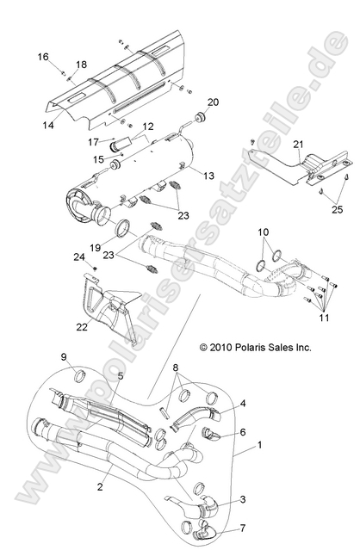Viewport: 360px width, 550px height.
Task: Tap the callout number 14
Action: [48, 126]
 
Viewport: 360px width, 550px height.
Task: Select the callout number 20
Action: [213, 102]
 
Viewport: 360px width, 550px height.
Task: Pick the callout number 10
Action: [264, 232]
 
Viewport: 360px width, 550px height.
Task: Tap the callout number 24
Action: [78, 256]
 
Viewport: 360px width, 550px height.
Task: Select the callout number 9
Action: [88, 356]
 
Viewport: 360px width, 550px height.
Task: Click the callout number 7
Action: [243, 528]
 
